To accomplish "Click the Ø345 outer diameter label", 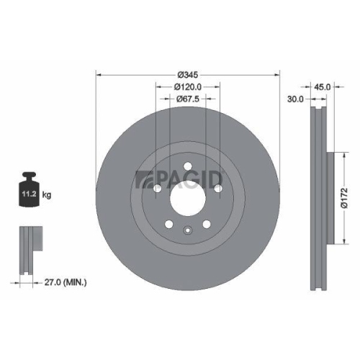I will tap(187, 74).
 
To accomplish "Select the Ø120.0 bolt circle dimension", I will tap(187, 86).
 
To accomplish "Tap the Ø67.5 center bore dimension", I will tap(187, 99).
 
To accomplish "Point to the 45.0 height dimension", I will tap(323, 86).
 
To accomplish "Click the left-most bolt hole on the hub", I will tap(157, 188).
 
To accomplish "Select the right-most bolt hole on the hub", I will tap(217, 188).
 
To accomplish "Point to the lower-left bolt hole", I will tap(168, 224).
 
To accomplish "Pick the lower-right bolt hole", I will tap(206, 224).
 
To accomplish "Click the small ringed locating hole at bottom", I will tap(187, 232).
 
